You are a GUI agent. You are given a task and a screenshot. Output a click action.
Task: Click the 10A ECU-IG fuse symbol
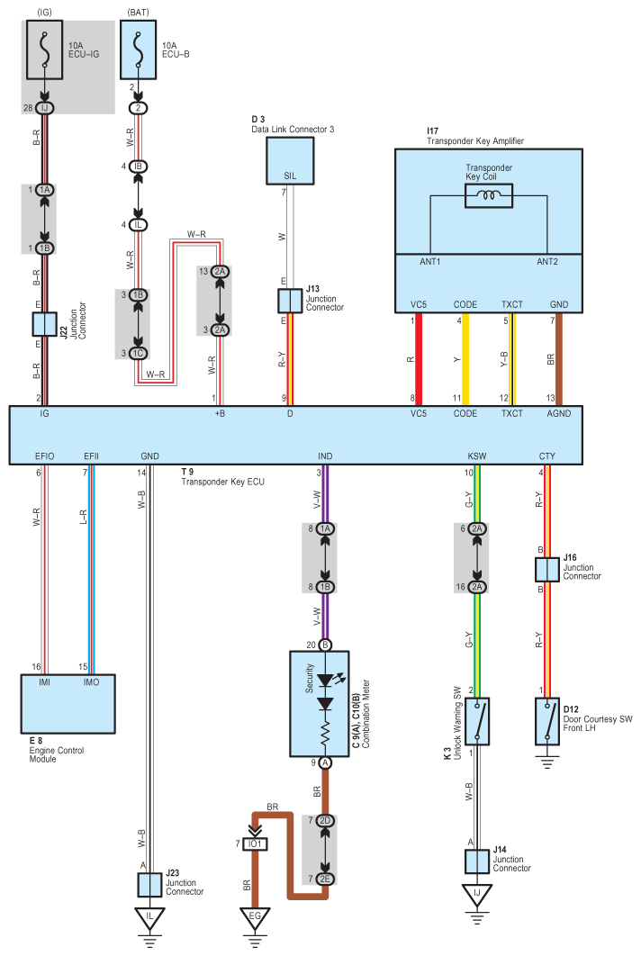(44, 50)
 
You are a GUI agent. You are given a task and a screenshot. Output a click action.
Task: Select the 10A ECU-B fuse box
(139, 50)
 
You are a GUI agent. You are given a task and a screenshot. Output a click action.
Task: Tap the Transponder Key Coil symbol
(489, 195)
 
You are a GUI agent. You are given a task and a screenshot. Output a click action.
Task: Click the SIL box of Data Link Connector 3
(290, 161)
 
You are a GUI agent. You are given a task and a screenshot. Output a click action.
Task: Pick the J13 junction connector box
(290, 302)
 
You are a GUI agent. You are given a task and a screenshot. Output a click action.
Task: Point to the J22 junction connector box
(44, 324)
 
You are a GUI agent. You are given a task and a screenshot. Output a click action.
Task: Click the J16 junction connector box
(547, 570)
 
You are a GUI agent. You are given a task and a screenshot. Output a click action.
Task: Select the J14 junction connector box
(477, 861)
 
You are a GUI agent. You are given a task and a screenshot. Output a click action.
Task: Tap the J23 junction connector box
(149, 885)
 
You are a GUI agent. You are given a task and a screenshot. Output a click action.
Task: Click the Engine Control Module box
(68, 704)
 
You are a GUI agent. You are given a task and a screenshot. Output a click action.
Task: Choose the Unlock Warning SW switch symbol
(477, 721)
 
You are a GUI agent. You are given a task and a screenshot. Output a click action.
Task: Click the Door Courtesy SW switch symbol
(547, 721)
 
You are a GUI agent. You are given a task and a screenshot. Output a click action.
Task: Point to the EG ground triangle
(255, 917)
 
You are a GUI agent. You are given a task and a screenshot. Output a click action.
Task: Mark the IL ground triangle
(149, 917)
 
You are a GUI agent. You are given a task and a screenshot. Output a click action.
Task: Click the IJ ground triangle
(477, 894)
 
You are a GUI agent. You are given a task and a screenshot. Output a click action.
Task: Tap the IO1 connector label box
(255, 843)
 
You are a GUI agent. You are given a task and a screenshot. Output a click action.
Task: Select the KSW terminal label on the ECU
(477, 456)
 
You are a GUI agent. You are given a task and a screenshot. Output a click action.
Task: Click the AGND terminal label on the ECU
(559, 413)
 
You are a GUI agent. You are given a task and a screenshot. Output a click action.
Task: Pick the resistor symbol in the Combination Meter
(325, 734)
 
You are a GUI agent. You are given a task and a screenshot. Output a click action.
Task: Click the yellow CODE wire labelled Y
(465, 359)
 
